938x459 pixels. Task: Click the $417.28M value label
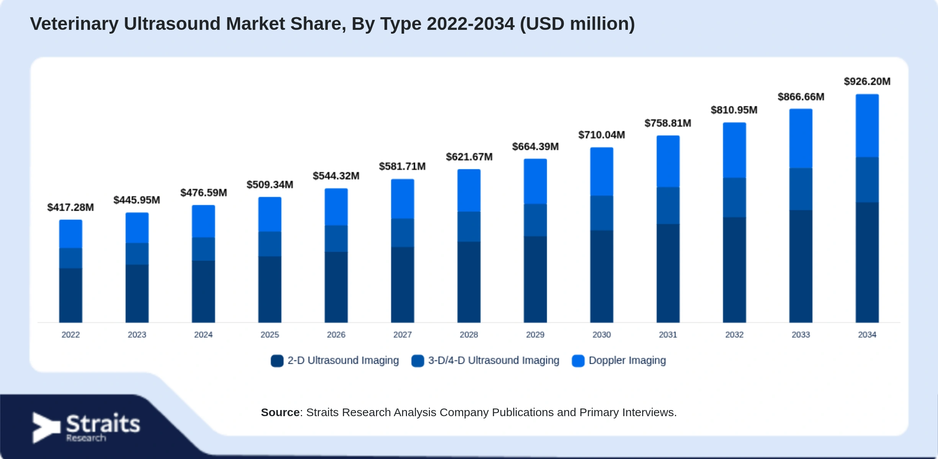tap(70, 207)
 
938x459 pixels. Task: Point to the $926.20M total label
tap(867, 81)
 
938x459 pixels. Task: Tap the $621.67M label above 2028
tap(469, 157)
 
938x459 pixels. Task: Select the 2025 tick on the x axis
tap(270, 335)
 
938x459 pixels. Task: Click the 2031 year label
tap(668, 335)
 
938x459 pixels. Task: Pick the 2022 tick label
tap(70, 335)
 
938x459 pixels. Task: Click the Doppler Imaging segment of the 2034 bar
tap(867, 126)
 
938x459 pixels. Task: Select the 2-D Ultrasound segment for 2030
tap(601, 276)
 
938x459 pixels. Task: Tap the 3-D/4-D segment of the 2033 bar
tap(801, 189)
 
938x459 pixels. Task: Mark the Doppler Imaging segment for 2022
tap(70, 234)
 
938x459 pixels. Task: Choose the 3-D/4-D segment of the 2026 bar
tap(336, 238)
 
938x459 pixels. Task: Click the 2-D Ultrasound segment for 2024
tap(203, 291)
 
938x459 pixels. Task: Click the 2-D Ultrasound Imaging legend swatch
tap(277, 361)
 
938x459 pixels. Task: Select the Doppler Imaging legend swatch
tap(578, 361)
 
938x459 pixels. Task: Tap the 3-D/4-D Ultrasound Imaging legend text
tap(494, 360)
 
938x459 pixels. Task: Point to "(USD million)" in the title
tap(577, 24)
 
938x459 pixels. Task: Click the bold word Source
tap(280, 412)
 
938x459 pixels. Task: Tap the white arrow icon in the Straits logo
tap(46, 428)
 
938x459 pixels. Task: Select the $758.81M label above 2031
tap(668, 123)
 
